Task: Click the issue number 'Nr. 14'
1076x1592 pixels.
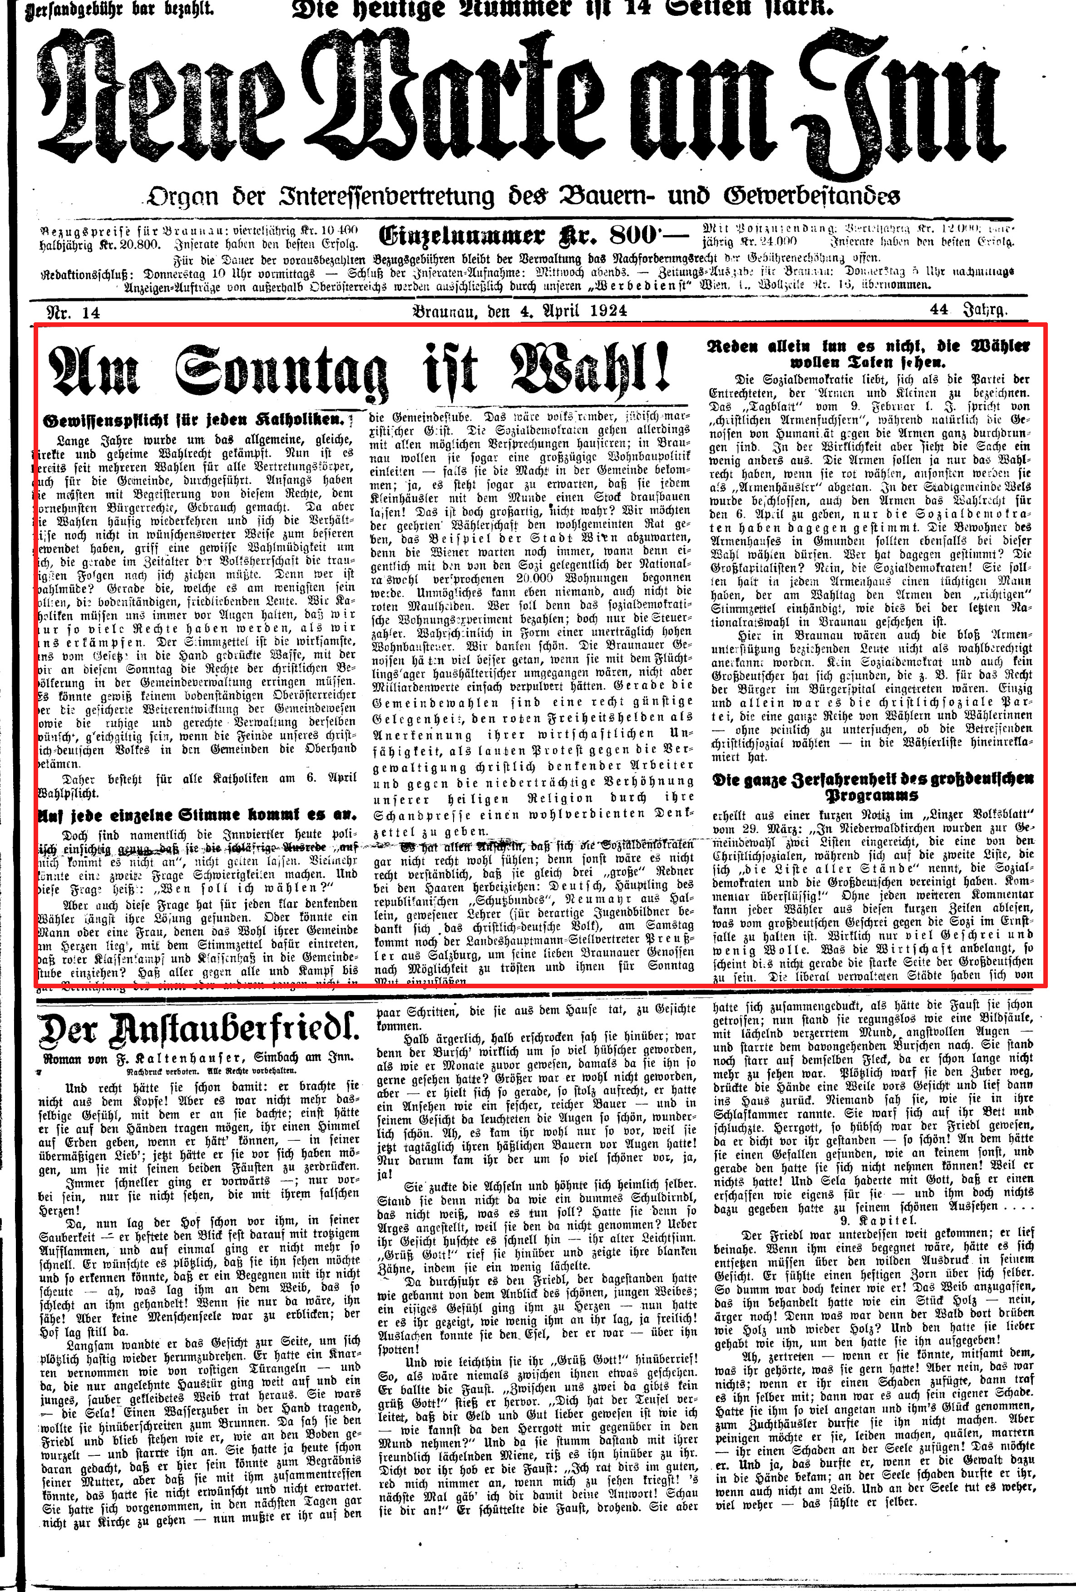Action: coord(73,312)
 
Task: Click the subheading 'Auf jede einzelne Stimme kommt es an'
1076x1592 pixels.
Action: coord(197,815)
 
